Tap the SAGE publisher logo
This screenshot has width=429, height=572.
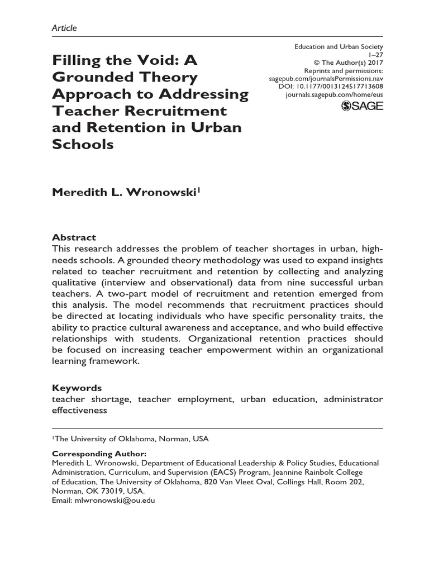coord(361,106)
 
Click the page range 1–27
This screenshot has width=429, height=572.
coord(375,56)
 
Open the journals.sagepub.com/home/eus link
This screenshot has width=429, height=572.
coord(334,96)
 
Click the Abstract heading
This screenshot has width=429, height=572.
coord(74,237)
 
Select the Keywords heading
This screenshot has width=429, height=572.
coord(77,388)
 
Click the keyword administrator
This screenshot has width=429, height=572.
coord(354,399)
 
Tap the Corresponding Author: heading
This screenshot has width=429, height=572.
coord(99,454)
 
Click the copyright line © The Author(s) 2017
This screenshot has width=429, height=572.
coord(346,64)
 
